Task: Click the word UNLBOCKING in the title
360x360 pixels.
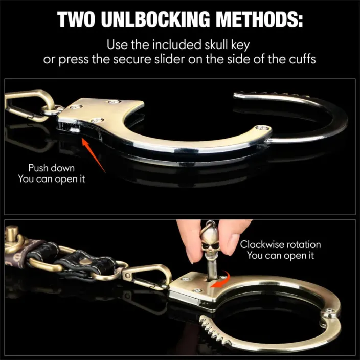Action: pos(155,19)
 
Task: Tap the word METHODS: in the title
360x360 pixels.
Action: pos(259,19)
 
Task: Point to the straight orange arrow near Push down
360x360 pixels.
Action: pos(94,155)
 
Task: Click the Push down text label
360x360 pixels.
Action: pos(52,168)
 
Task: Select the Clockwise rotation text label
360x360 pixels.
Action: pos(280,244)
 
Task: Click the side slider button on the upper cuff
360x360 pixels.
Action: pos(75,130)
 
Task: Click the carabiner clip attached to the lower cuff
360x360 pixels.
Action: pos(147,277)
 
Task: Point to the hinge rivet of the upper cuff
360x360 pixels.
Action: pos(262,128)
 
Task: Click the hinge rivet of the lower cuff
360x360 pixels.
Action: pos(330,312)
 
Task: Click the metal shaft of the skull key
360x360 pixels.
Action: pos(212,268)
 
